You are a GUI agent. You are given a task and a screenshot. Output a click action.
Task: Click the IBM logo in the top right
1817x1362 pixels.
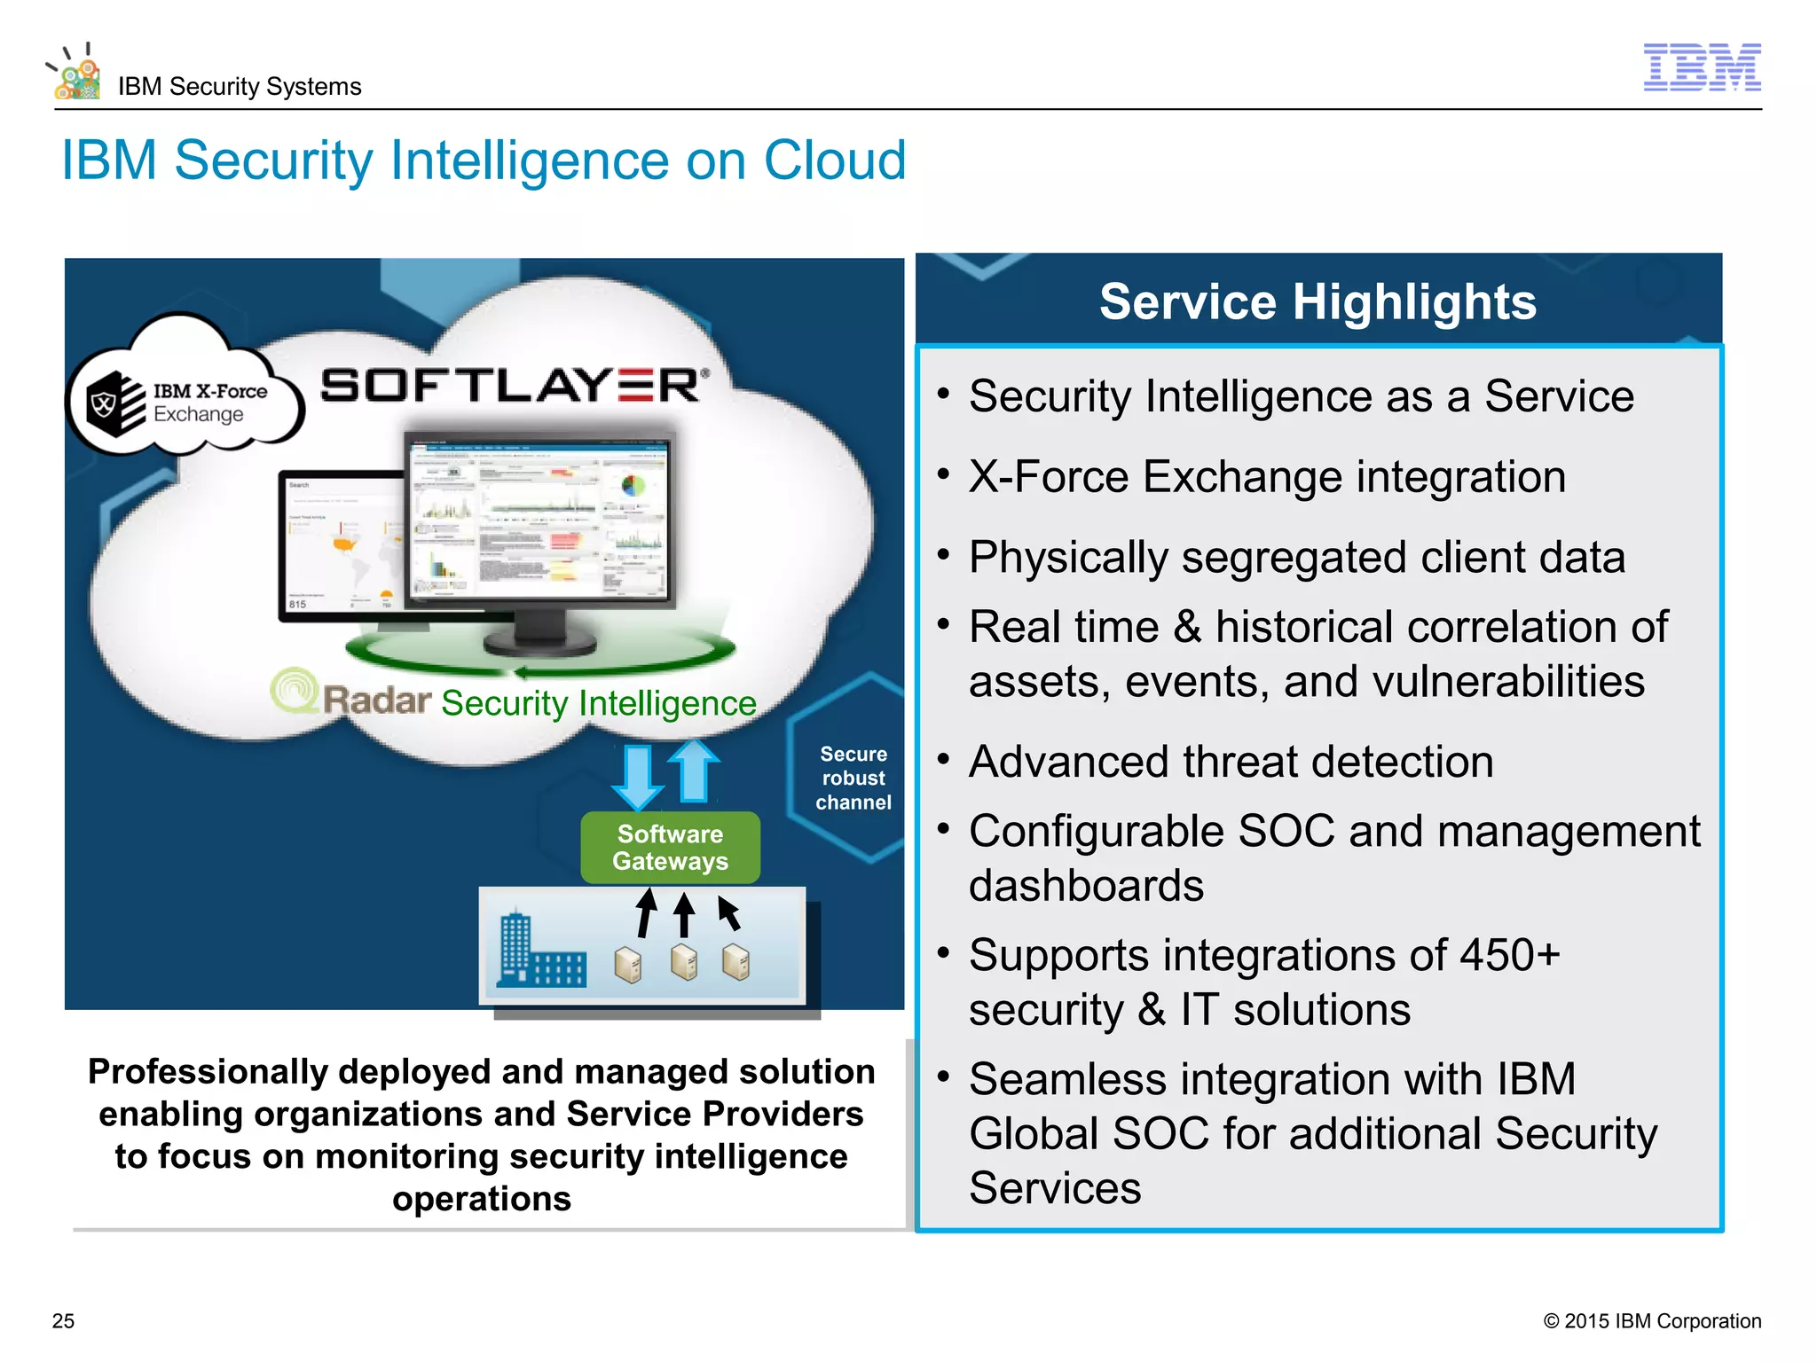1702,67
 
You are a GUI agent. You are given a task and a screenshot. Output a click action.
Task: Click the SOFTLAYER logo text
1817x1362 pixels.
514,386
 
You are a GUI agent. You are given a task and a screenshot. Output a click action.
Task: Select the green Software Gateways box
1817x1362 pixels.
670,848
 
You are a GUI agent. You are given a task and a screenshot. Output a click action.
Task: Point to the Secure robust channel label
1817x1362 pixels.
853,778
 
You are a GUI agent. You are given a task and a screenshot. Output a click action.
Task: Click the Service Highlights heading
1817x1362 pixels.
1318,301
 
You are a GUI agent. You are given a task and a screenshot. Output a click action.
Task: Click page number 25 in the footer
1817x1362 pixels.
64,1320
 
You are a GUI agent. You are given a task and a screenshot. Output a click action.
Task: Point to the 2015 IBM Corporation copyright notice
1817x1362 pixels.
1652,1320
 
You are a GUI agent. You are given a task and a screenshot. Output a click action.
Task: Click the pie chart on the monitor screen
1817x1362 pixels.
633,485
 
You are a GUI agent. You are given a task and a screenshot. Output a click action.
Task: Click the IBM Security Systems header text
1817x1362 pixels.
240,87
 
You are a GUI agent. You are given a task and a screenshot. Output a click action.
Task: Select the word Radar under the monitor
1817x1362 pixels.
376,701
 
